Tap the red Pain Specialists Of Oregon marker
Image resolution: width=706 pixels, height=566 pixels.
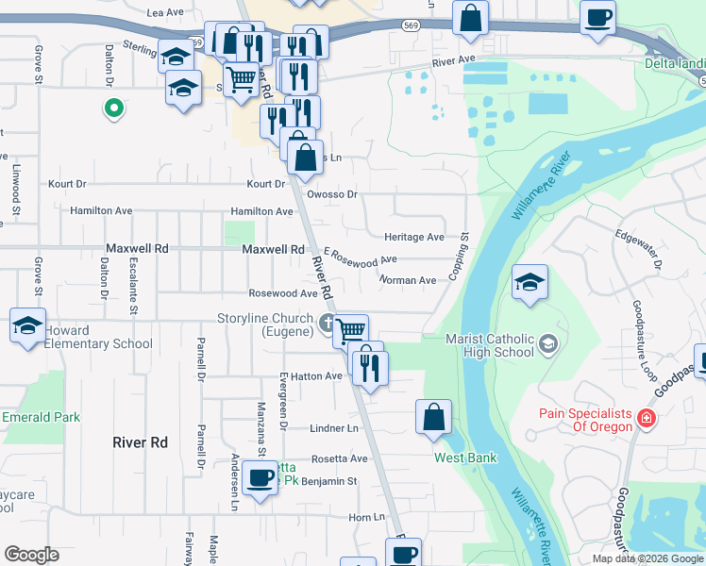pos(647,417)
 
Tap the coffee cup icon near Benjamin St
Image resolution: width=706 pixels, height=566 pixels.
pos(259,477)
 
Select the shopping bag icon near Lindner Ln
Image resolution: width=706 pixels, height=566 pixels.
pos(433,417)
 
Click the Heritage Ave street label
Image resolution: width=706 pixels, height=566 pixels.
pos(413,237)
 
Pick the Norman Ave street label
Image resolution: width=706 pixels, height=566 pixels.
pos(408,280)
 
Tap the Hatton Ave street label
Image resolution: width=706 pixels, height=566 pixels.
pos(321,375)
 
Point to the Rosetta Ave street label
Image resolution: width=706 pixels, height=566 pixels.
pos(341,458)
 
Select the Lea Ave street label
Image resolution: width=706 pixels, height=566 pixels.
pos(165,12)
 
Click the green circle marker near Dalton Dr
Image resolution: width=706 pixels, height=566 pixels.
pos(113,109)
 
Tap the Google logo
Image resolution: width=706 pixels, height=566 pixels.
pos(31,555)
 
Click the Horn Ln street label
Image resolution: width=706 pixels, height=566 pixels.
pos(367,517)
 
